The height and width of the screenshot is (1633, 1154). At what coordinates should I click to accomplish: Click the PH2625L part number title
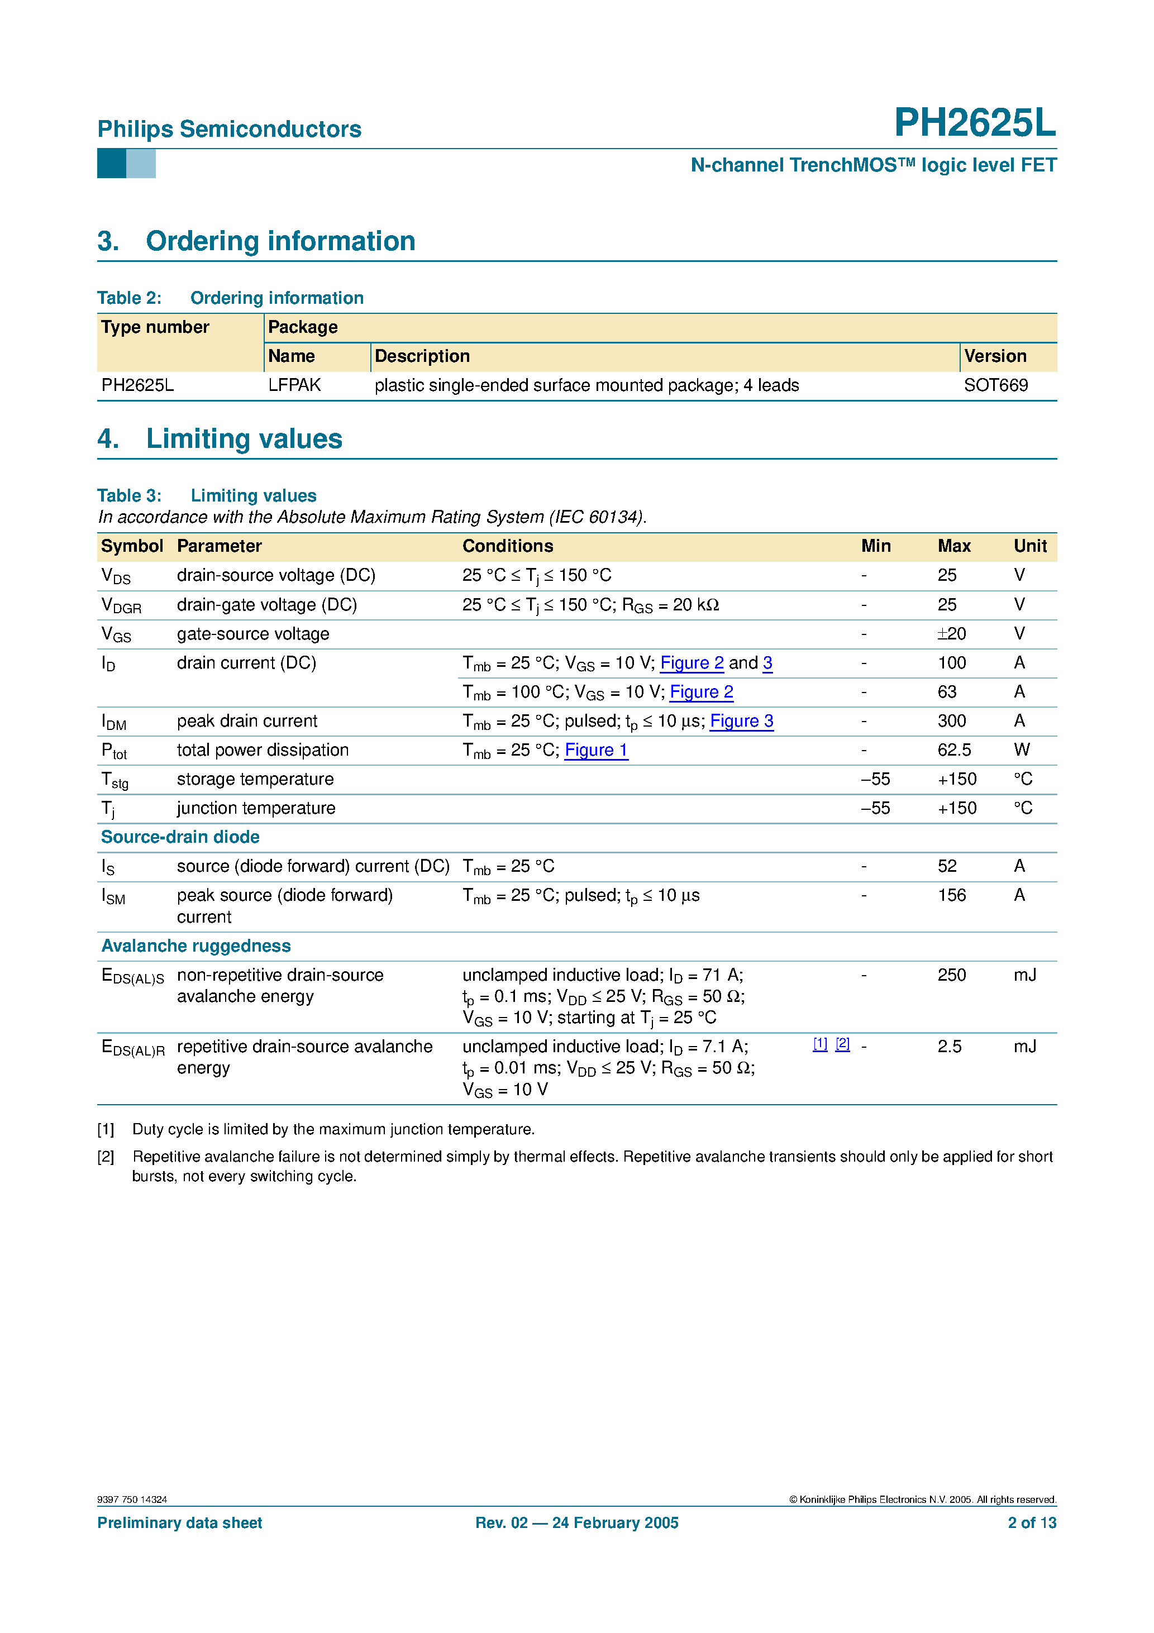coord(974,123)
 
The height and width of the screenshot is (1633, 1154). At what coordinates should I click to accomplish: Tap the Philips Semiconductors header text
coord(229,129)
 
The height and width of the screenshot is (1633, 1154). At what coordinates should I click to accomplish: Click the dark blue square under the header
coord(111,164)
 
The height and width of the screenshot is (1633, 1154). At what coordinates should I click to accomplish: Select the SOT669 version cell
coord(995,385)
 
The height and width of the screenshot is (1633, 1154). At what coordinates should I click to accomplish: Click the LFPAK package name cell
coord(294,385)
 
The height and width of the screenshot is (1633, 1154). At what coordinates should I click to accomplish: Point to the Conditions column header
coord(507,546)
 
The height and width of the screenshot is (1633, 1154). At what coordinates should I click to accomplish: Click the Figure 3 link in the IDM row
coord(741,720)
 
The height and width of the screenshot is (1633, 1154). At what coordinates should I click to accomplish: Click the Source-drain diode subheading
coord(180,837)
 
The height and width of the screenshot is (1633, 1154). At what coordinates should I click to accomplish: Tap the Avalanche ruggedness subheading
coord(195,946)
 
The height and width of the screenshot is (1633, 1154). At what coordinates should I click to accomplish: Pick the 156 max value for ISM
coord(951,895)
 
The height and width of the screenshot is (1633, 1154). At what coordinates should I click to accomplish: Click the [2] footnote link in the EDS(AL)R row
coord(842,1043)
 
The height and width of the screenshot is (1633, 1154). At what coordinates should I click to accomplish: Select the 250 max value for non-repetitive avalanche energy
coord(951,975)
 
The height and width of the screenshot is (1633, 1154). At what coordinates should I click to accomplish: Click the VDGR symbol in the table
coord(121,605)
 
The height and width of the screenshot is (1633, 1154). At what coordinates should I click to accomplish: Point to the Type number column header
coord(155,327)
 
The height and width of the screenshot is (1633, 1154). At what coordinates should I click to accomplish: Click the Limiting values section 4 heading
coord(244,439)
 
